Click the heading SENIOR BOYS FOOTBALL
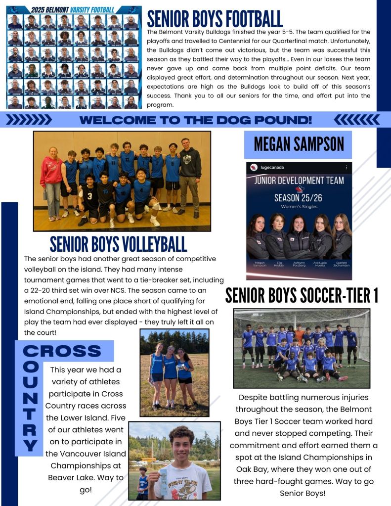tap(215, 18)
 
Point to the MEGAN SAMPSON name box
tap(298, 144)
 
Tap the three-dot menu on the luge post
tap(346, 168)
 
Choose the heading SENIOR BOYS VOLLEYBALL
tap(118, 244)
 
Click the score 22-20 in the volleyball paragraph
tap(48, 290)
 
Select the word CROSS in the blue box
tap(62, 352)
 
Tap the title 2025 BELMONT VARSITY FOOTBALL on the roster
tap(73, 9)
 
